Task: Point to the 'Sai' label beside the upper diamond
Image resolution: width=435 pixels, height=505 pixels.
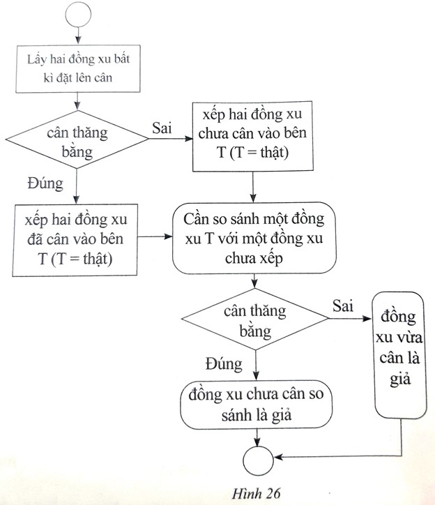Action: point(162,128)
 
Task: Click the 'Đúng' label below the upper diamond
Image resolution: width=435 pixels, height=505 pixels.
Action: point(45,185)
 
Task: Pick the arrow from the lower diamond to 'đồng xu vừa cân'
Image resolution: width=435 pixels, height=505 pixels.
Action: point(350,319)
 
